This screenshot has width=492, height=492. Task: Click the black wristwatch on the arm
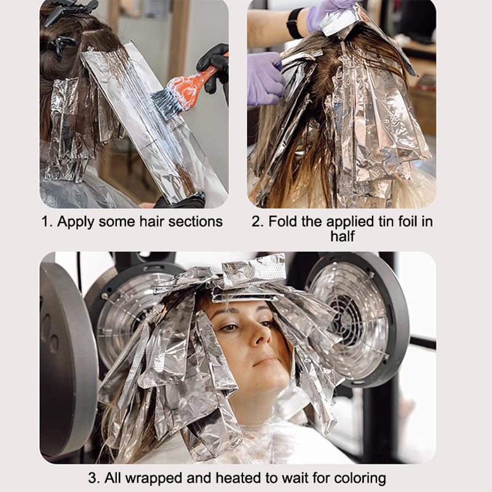[x=294, y=23]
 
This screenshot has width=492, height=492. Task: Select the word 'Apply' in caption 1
[x=76, y=223]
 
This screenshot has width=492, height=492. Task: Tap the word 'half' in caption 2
[x=343, y=236]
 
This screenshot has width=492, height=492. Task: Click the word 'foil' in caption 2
[x=408, y=221]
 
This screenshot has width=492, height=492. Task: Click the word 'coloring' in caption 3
[x=360, y=479]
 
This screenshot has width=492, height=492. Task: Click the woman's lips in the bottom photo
[x=266, y=361]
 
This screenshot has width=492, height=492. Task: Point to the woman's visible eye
[x=230, y=327]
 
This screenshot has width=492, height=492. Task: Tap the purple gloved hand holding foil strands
[x=266, y=79]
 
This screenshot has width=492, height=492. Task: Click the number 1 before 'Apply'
[x=46, y=222]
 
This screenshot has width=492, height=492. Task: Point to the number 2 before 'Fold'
[x=256, y=221]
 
